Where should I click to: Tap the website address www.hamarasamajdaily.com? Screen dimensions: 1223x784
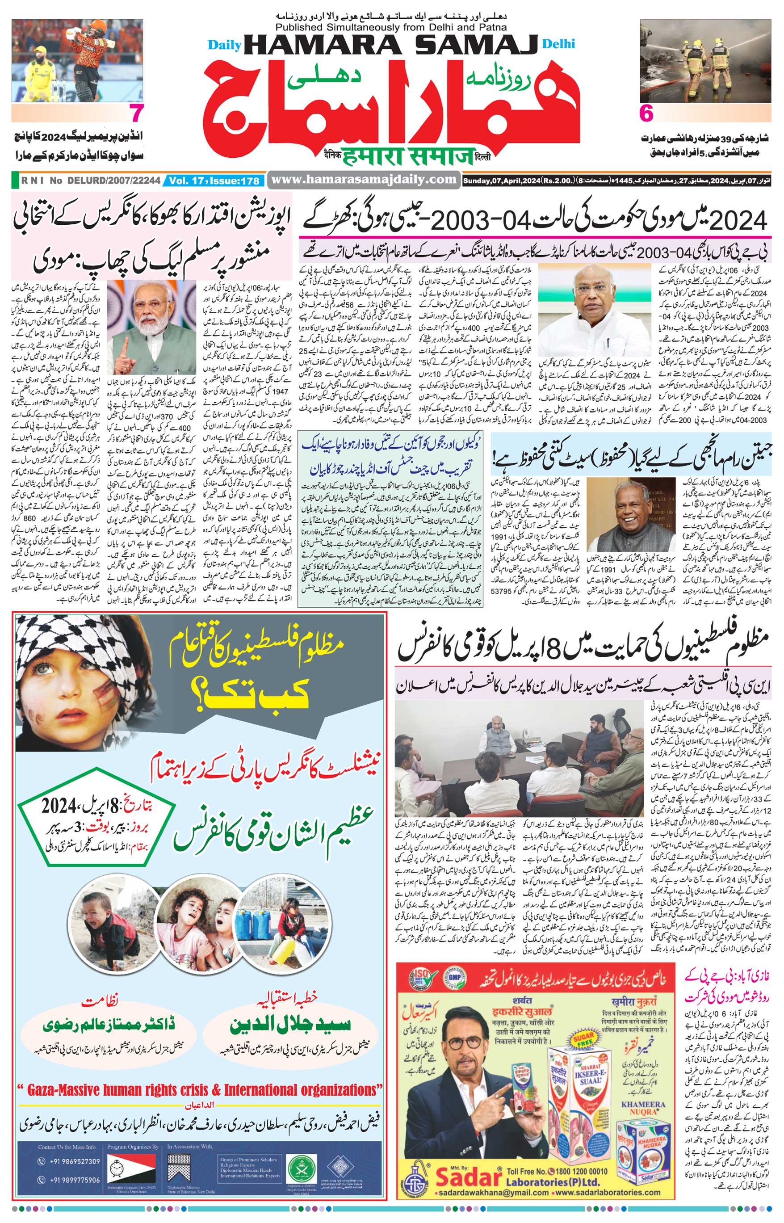364,179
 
